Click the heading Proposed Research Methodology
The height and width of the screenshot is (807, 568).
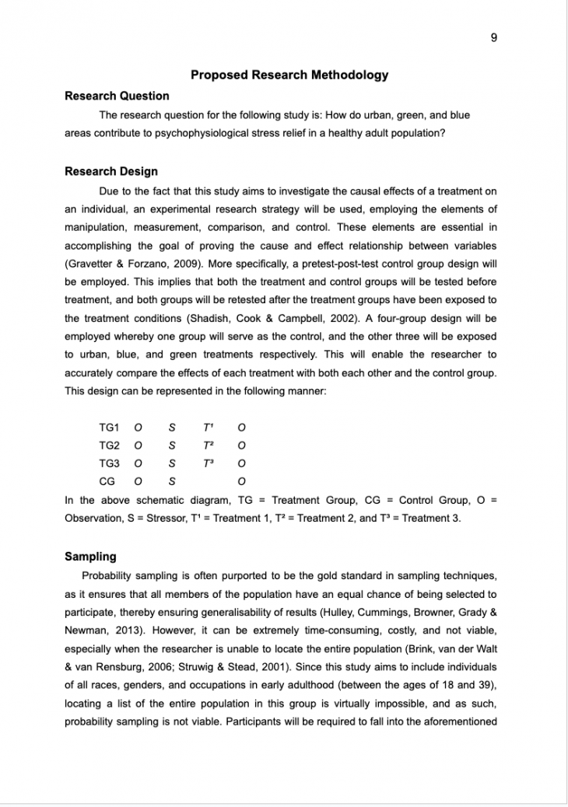pyautogui.click(x=289, y=75)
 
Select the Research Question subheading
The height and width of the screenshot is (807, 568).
pyautogui.click(x=117, y=96)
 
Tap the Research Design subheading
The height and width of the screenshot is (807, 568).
pyautogui.click(x=111, y=172)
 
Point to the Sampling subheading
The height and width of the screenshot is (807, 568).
pyautogui.click(x=90, y=557)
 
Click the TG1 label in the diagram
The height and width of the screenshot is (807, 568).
pyautogui.click(x=109, y=428)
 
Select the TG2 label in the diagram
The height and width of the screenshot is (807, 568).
pyautogui.click(x=109, y=445)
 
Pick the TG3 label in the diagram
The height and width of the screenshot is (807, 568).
pyautogui.click(x=109, y=463)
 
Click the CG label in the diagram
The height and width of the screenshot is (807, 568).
pyautogui.click(x=107, y=481)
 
